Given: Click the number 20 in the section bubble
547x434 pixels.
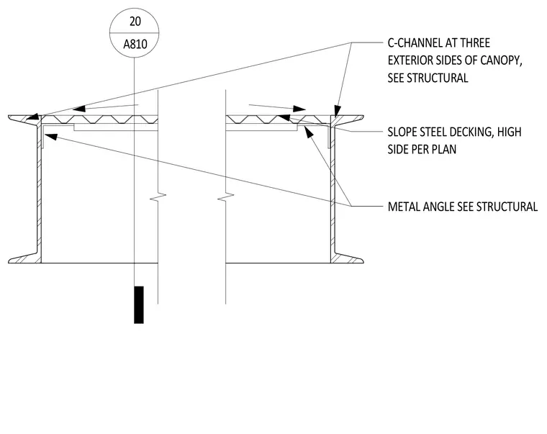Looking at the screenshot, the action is (135, 22).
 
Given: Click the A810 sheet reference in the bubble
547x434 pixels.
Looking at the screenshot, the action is (135, 45).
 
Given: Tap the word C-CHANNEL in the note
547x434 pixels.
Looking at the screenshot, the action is (411, 43).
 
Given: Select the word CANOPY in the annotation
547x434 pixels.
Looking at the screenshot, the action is (501, 60).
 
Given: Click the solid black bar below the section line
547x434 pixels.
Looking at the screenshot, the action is (139, 305).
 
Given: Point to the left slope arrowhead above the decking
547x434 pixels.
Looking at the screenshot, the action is (79, 108).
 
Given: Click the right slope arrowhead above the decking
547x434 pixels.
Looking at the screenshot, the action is (299, 109).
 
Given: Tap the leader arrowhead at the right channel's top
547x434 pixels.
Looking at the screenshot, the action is (337, 112).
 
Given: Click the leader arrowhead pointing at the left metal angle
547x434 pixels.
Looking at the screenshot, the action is (51, 137).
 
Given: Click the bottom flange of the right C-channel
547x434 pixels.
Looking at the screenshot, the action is (347, 259).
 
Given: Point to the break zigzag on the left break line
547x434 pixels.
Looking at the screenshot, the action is (158, 197).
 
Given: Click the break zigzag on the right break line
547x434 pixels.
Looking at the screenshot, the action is (226, 197).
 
